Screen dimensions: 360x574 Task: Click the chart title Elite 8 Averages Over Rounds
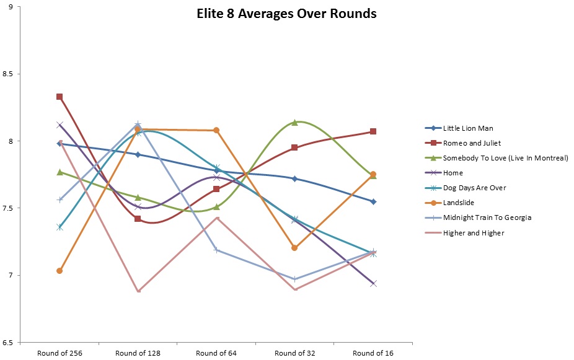[283, 14]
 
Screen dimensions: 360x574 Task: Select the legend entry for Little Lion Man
[468, 129]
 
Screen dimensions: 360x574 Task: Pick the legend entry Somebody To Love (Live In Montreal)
[505, 159]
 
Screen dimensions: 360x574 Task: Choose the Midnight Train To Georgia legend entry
[487, 218]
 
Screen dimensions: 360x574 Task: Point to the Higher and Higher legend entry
[474, 233]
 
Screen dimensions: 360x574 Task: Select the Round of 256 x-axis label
[60, 353]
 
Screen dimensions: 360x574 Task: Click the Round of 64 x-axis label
[216, 353]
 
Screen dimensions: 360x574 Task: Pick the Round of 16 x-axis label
[373, 353]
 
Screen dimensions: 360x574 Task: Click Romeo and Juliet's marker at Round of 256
[60, 97]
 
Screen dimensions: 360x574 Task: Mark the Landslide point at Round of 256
[60, 271]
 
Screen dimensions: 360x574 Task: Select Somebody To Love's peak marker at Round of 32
[294, 122]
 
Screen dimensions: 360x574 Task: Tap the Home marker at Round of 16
[373, 284]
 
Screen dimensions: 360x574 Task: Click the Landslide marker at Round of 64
[216, 130]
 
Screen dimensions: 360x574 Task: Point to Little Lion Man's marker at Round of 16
[373, 201]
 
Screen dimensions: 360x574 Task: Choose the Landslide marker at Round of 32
[294, 248]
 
